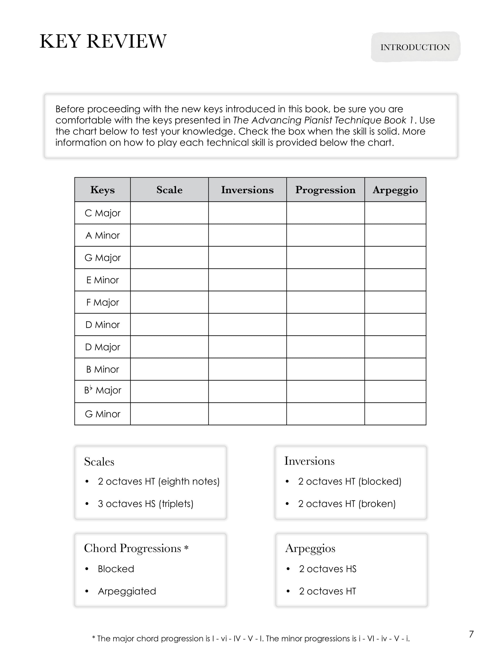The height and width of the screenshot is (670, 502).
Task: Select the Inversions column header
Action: (x=247, y=190)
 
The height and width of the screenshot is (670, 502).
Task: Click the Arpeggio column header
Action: (x=395, y=190)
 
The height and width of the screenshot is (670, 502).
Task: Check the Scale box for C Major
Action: (x=169, y=213)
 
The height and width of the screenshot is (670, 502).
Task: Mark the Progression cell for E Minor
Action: (x=325, y=280)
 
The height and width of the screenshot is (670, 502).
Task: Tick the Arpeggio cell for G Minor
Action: (x=395, y=414)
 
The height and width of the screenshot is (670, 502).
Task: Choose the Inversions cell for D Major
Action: (x=247, y=347)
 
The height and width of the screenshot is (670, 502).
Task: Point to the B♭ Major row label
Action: (x=103, y=390)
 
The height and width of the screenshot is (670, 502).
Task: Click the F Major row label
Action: (x=103, y=302)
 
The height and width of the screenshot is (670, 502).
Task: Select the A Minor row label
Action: (x=103, y=235)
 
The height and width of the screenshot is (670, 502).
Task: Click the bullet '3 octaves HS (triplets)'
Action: (x=145, y=504)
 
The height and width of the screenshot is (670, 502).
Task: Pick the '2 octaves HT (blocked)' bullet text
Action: (x=349, y=481)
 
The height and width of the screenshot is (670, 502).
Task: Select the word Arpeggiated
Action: (x=127, y=591)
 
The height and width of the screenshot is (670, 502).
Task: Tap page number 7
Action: (x=471, y=634)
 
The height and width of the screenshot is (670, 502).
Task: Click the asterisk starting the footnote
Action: (x=94, y=638)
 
